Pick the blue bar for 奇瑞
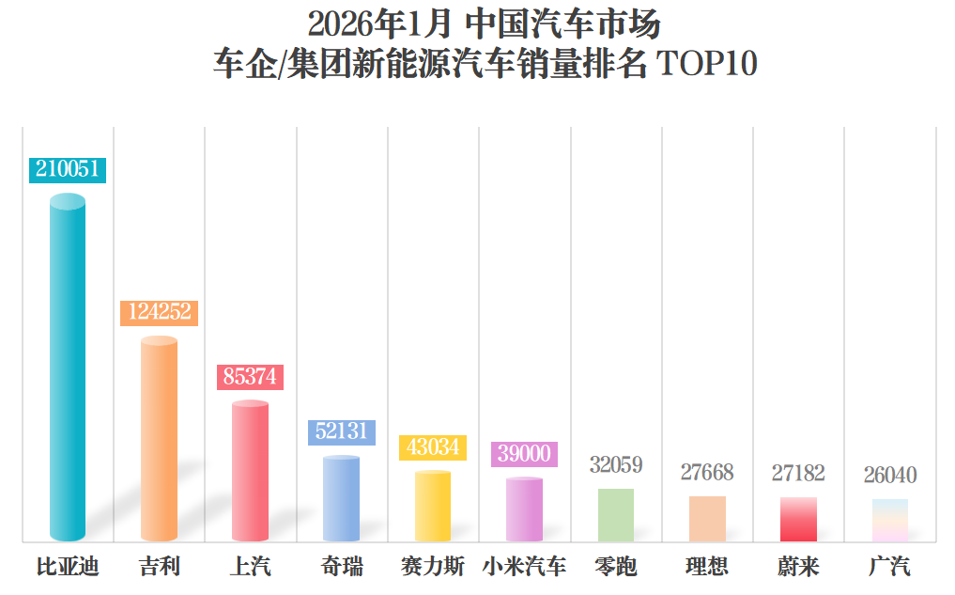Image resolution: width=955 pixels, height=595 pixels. (341, 499)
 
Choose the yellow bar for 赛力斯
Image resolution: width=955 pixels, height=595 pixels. (433, 506)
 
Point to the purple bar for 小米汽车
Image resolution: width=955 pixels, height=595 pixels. (524, 509)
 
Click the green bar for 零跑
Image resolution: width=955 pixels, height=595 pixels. (616, 515)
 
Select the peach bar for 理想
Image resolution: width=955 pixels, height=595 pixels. (707, 518)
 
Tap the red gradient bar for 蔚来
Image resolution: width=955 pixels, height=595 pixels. (798, 519)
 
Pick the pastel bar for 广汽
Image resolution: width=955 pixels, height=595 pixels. (889, 520)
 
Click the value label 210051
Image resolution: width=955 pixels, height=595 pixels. (67, 169)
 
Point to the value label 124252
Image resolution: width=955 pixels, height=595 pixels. (160, 312)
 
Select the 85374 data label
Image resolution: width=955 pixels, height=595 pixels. (250, 377)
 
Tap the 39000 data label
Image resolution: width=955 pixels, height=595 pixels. (524, 454)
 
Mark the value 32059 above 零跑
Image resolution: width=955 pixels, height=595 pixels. (616, 464)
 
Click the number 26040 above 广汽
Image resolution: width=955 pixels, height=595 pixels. (890, 475)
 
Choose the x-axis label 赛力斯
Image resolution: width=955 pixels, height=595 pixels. (432, 567)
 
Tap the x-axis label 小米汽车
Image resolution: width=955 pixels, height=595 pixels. (524, 567)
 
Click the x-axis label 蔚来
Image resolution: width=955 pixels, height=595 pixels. (798, 567)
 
